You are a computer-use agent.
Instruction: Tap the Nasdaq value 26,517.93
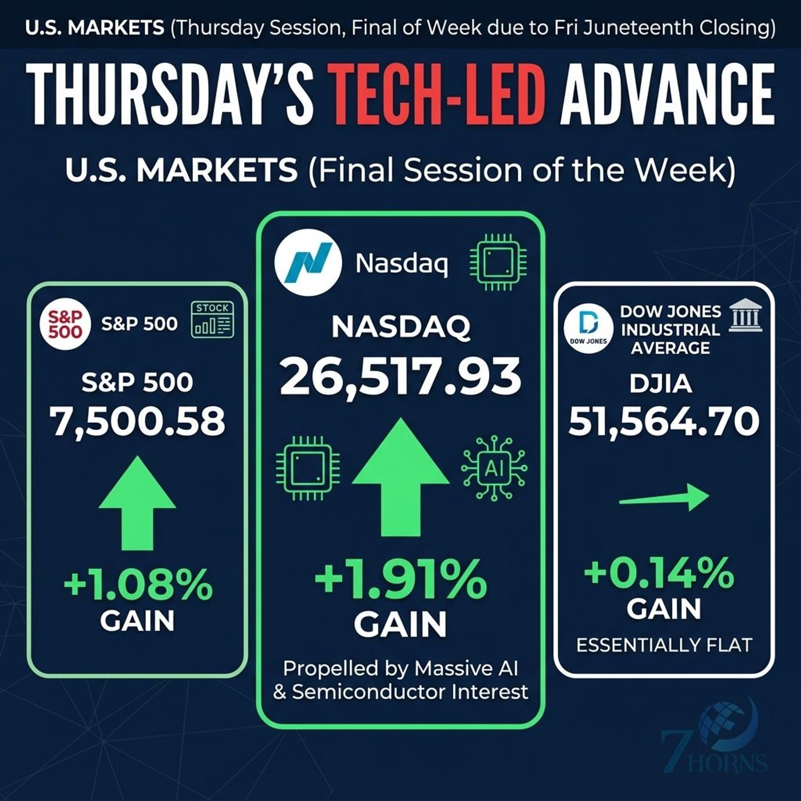(x=400, y=376)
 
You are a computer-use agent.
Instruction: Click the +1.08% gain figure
(x=138, y=584)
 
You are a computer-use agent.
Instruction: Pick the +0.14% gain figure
(x=659, y=574)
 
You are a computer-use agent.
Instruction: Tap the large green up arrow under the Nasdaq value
(x=400, y=477)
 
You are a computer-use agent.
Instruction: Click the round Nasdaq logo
(x=308, y=263)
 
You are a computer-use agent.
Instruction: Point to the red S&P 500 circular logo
(x=65, y=324)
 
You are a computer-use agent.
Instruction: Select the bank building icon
(x=746, y=318)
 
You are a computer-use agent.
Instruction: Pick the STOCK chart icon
(x=212, y=319)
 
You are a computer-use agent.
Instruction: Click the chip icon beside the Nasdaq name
(x=498, y=263)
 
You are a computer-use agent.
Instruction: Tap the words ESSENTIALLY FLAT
(x=664, y=645)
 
